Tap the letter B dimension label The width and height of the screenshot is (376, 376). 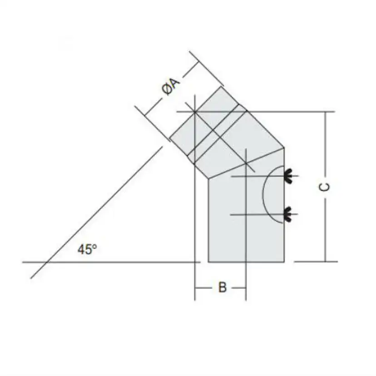click(223, 287)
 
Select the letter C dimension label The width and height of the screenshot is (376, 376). click(325, 187)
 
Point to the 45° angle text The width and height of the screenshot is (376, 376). click(87, 249)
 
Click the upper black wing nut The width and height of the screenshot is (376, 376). click(288, 176)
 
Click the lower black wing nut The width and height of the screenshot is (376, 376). click(288, 214)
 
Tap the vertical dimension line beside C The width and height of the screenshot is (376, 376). click(325, 187)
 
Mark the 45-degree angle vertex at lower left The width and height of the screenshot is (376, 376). click(47, 262)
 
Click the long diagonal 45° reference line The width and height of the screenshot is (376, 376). click(97, 213)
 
